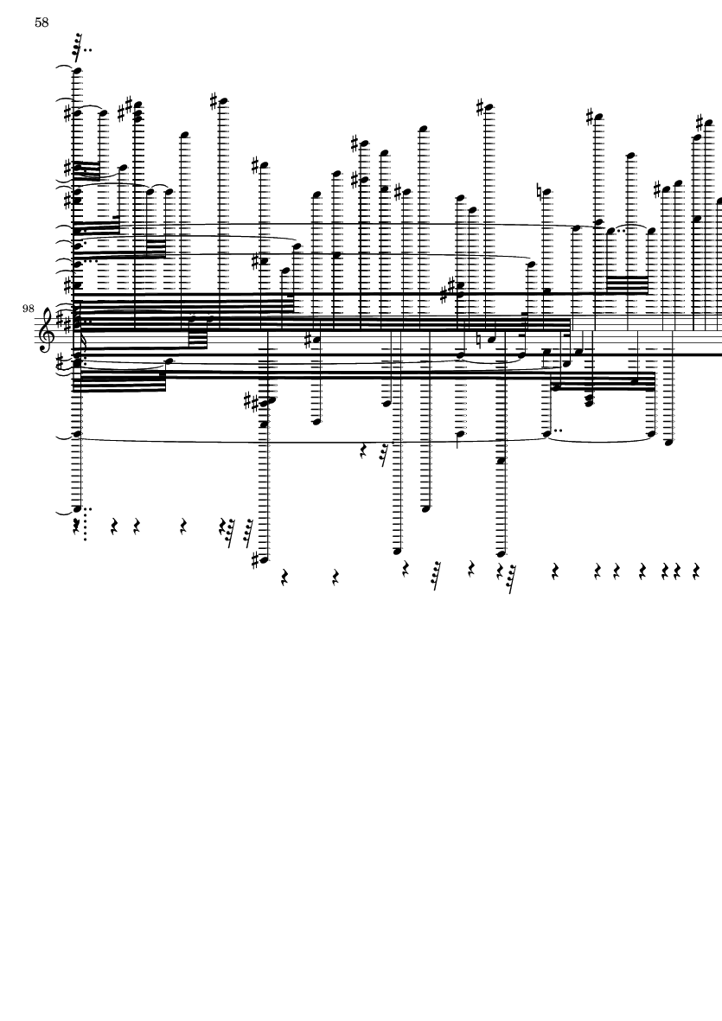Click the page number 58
(x=42, y=22)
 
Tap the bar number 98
(x=28, y=308)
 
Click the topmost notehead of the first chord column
(x=78, y=70)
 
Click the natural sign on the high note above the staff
(x=540, y=191)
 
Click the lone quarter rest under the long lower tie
(x=365, y=450)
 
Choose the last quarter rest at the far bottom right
(x=695, y=571)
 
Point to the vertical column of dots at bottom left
(x=86, y=524)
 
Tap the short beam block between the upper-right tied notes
(x=627, y=285)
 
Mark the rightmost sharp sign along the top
(x=700, y=123)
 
